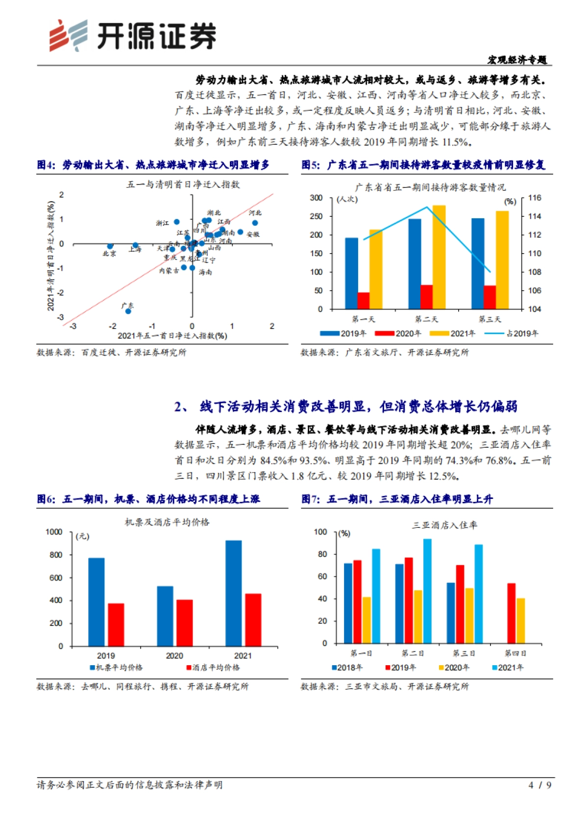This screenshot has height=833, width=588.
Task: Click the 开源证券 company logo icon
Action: click(68, 35)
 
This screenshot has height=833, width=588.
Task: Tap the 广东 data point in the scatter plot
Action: click(128, 311)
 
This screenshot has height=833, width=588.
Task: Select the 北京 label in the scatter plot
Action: click(109, 254)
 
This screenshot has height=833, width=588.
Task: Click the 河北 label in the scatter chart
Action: click(255, 213)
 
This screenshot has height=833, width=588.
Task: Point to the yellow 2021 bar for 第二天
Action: click(439, 257)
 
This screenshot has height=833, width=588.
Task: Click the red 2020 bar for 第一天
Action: click(364, 300)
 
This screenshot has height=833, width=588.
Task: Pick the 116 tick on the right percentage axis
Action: click(535, 198)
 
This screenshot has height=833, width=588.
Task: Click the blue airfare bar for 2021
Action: click(233, 593)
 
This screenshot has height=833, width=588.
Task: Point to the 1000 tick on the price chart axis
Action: click(54, 532)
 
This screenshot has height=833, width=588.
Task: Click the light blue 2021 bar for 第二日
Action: click(427, 591)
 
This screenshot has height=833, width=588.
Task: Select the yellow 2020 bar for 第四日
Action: click(521, 621)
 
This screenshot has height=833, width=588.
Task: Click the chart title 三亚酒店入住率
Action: click(444, 525)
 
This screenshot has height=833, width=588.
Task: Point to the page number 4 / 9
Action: click(540, 785)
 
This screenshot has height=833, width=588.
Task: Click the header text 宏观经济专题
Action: click(517, 60)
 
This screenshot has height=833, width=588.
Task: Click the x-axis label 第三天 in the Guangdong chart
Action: click(490, 319)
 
